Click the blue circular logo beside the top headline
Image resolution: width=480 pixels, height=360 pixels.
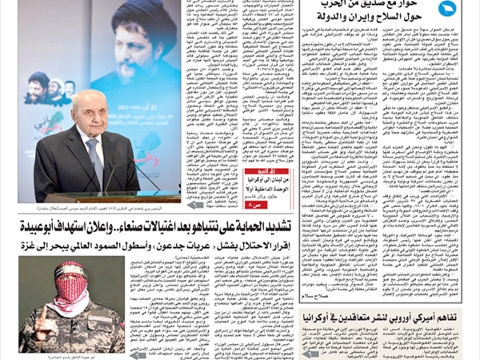click(x=446, y=9)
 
